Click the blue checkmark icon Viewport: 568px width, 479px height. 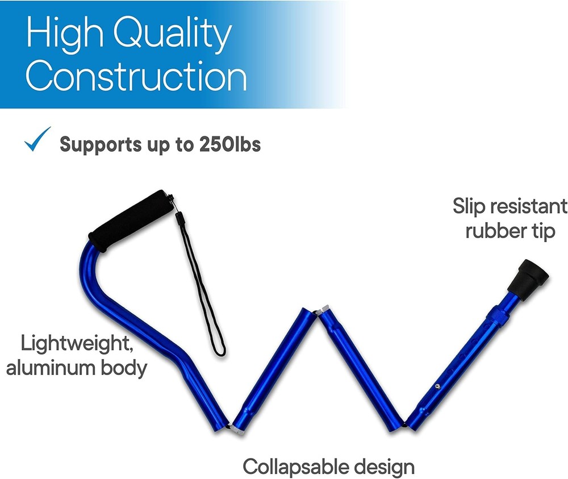click(37, 140)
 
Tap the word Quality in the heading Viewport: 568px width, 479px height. click(173, 35)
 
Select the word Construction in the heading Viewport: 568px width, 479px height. click(136, 76)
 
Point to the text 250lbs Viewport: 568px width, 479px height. click(230, 144)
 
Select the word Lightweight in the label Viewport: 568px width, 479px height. click(77, 344)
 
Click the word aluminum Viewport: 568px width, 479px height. click(50, 368)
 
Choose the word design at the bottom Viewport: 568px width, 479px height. click(385, 467)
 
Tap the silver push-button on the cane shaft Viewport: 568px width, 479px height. click(437, 387)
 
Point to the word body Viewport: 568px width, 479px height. click(123, 369)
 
